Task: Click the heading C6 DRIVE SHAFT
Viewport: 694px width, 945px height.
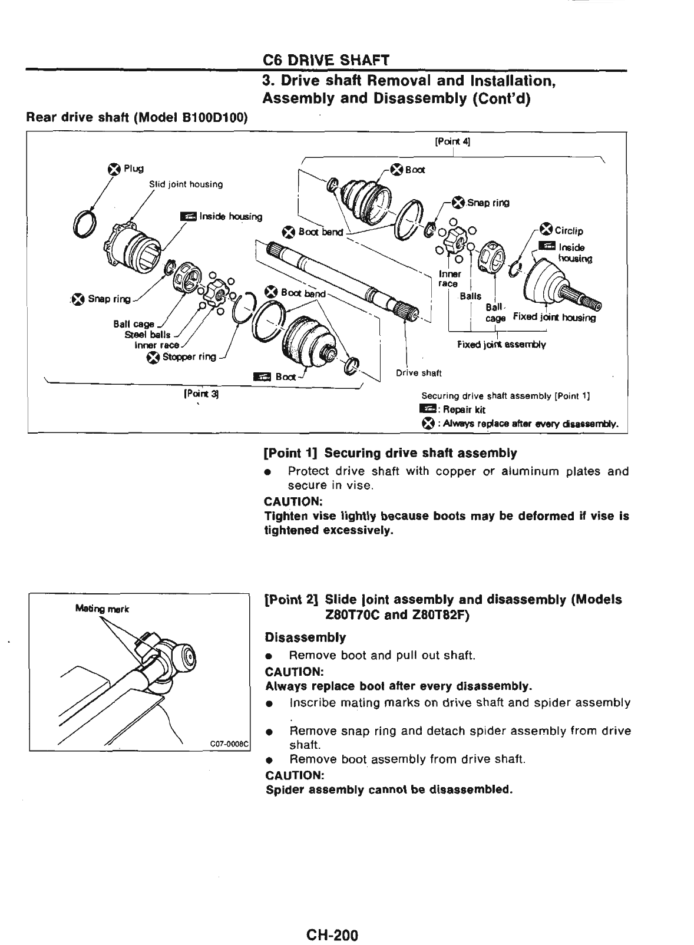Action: (326, 61)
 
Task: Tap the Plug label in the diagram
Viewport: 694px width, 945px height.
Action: (133, 169)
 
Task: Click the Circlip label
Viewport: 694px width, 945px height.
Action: (568, 230)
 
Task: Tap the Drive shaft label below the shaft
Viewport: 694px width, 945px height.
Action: (418, 372)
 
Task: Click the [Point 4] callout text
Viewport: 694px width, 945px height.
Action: (452, 141)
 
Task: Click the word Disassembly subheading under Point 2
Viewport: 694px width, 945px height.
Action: (305, 637)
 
